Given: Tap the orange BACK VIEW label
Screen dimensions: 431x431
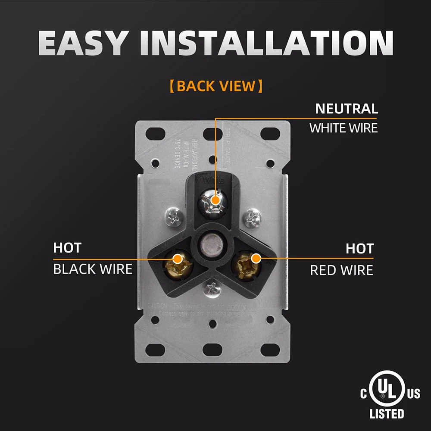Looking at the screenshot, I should (x=215, y=86).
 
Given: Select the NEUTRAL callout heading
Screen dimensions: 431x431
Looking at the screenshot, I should (x=347, y=109).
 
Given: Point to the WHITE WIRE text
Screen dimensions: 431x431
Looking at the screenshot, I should (x=344, y=128).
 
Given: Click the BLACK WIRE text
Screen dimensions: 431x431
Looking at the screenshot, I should (x=93, y=269).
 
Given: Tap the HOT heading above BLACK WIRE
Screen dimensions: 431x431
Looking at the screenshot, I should (x=67, y=248).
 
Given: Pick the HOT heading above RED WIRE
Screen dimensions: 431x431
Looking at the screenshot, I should (x=359, y=249).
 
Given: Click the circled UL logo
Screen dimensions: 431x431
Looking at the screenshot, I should (x=382, y=393).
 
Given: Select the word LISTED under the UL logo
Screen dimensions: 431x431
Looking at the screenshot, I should (x=387, y=414).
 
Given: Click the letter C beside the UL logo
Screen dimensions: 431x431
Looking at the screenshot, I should (x=364, y=394).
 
